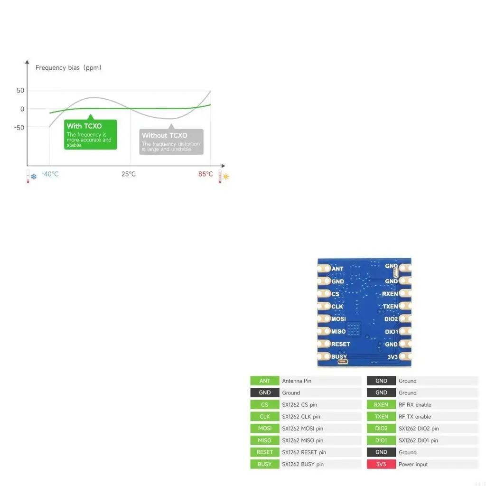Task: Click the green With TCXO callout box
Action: pyautogui.click(x=90, y=135)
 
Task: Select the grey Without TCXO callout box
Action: pyautogui.click(x=171, y=141)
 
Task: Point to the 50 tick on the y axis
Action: pyautogui.click(x=20, y=91)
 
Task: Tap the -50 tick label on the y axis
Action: pyautogui.click(x=19, y=127)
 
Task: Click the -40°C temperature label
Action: pyautogui.click(x=50, y=174)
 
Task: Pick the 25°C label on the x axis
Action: pyautogui.click(x=128, y=174)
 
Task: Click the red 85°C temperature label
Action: pyautogui.click(x=206, y=174)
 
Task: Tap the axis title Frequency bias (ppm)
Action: pyautogui.click(x=68, y=67)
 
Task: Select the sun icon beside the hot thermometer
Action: pyautogui.click(x=226, y=177)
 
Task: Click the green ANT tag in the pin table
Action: pyautogui.click(x=265, y=381)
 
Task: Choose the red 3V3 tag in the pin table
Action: pyautogui.click(x=381, y=464)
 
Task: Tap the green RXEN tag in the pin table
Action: pyautogui.click(x=381, y=405)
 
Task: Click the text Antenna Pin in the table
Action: pyautogui.click(x=297, y=381)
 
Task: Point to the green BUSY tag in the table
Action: pyautogui.click(x=265, y=464)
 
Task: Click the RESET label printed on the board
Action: pyautogui.click(x=340, y=344)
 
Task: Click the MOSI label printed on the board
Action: pyautogui.click(x=338, y=319)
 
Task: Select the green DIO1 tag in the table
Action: pyautogui.click(x=381, y=440)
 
